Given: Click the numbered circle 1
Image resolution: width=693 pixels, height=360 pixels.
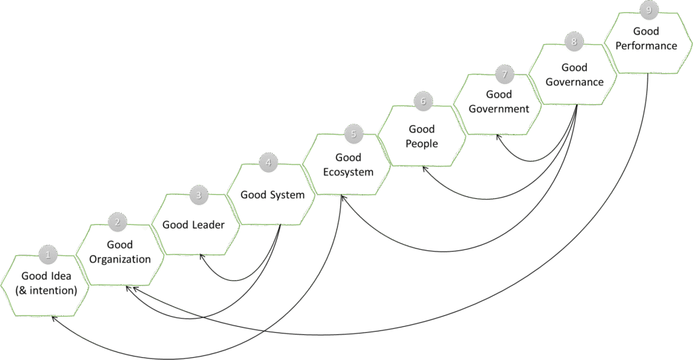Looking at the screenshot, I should tap(48, 255).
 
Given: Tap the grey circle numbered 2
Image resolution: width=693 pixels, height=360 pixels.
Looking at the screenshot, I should tap(117, 221).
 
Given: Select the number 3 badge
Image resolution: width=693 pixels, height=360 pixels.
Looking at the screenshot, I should tap(198, 196).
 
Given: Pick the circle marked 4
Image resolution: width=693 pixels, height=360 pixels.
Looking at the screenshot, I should tap(269, 162).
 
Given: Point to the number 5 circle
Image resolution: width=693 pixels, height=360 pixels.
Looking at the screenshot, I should tap(353, 134).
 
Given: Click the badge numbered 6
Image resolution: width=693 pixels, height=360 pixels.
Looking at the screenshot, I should tap(422, 102).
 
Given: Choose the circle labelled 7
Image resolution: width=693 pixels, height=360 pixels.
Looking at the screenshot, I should tap(504, 72).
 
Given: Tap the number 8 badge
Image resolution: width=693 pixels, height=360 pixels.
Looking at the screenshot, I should tap(574, 42).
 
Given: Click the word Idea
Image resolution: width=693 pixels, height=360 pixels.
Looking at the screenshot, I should tap(60, 276).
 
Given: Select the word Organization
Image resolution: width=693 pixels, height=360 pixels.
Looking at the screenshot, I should tap(120, 259).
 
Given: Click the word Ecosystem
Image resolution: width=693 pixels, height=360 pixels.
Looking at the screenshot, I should tap(348, 172).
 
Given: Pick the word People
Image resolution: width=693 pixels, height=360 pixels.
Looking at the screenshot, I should tap(422, 143).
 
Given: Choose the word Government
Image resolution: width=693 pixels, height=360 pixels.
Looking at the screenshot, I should tap(499, 109).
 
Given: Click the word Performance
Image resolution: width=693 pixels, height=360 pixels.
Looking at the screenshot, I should tap(646, 46).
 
